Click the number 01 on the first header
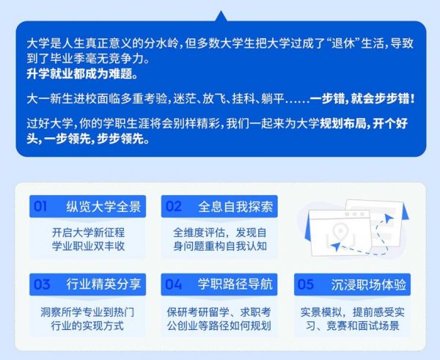40,207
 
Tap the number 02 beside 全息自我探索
173,207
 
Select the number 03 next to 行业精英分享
42,284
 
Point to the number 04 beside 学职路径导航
173,284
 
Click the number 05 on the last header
305,284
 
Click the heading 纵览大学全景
103,207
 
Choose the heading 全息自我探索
235,207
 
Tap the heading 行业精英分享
103,284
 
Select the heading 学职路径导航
235,284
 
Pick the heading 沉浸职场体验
368,284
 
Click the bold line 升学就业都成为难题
82,74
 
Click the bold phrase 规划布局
343,123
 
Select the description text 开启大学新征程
88,232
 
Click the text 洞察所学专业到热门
87,312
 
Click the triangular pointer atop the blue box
221,15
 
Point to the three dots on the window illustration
355,214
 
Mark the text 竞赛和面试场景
363,326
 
